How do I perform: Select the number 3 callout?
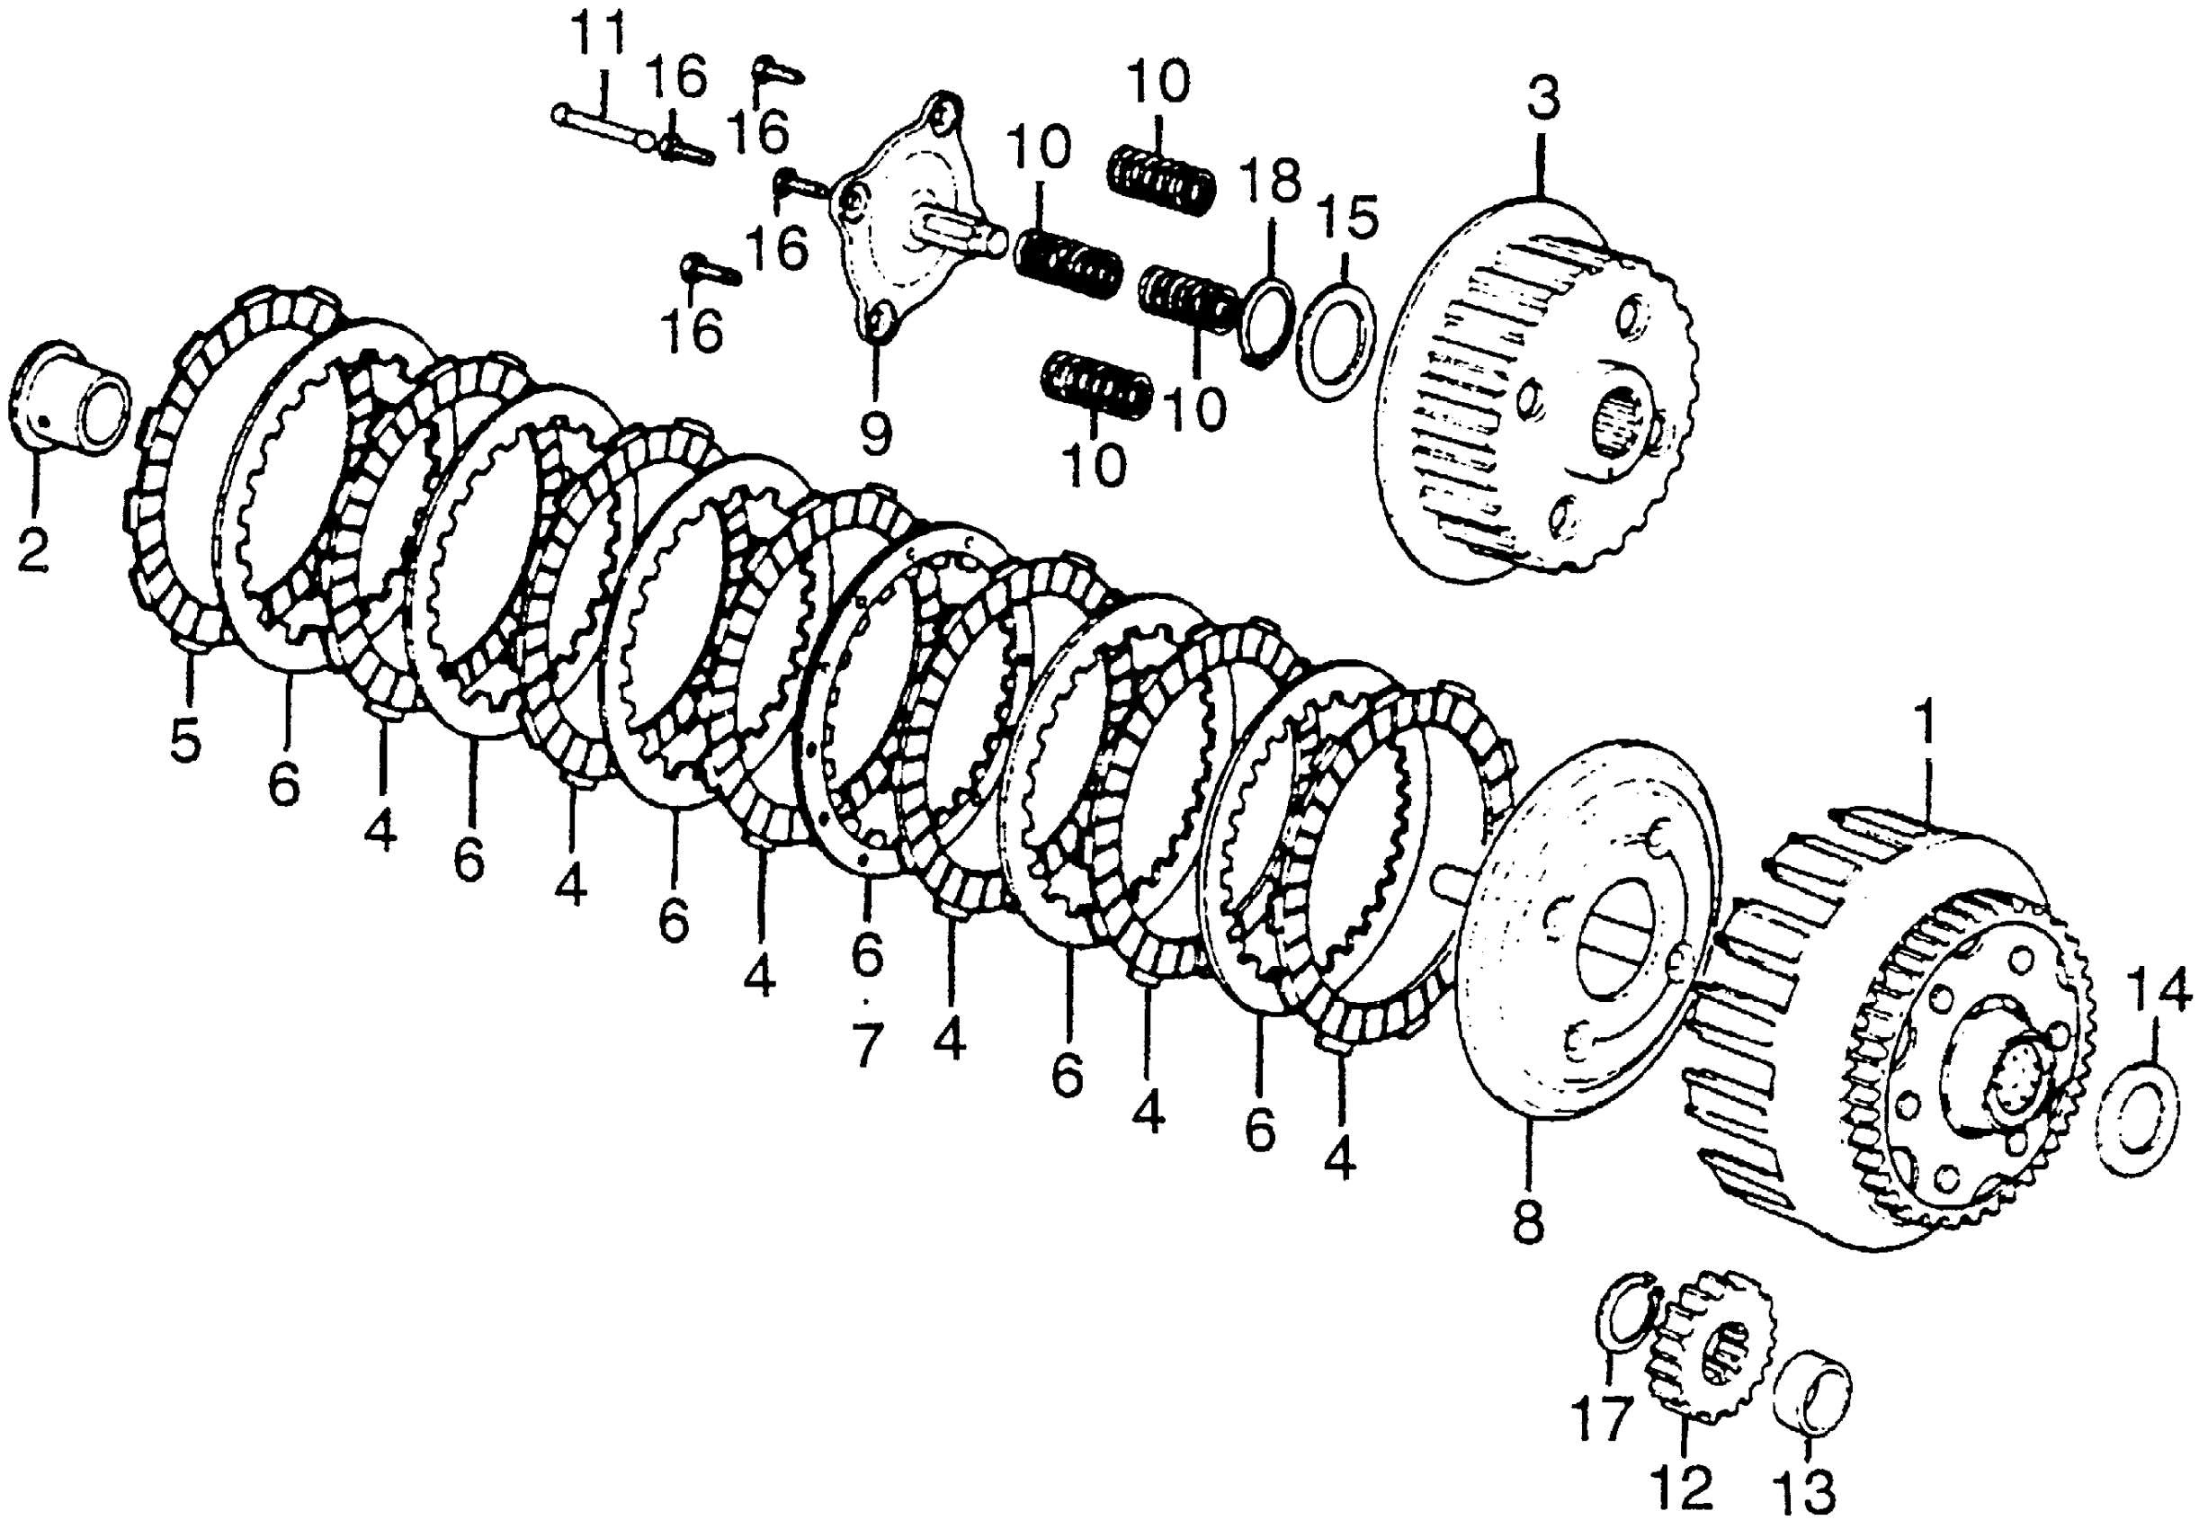pyautogui.click(x=1543, y=100)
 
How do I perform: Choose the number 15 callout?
pyautogui.click(x=1348, y=218)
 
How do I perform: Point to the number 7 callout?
pyautogui.click(x=866, y=1045)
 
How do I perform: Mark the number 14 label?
pyautogui.click(x=2159, y=991)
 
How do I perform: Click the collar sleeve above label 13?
pyautogui.click(x=1812, y=1396)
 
